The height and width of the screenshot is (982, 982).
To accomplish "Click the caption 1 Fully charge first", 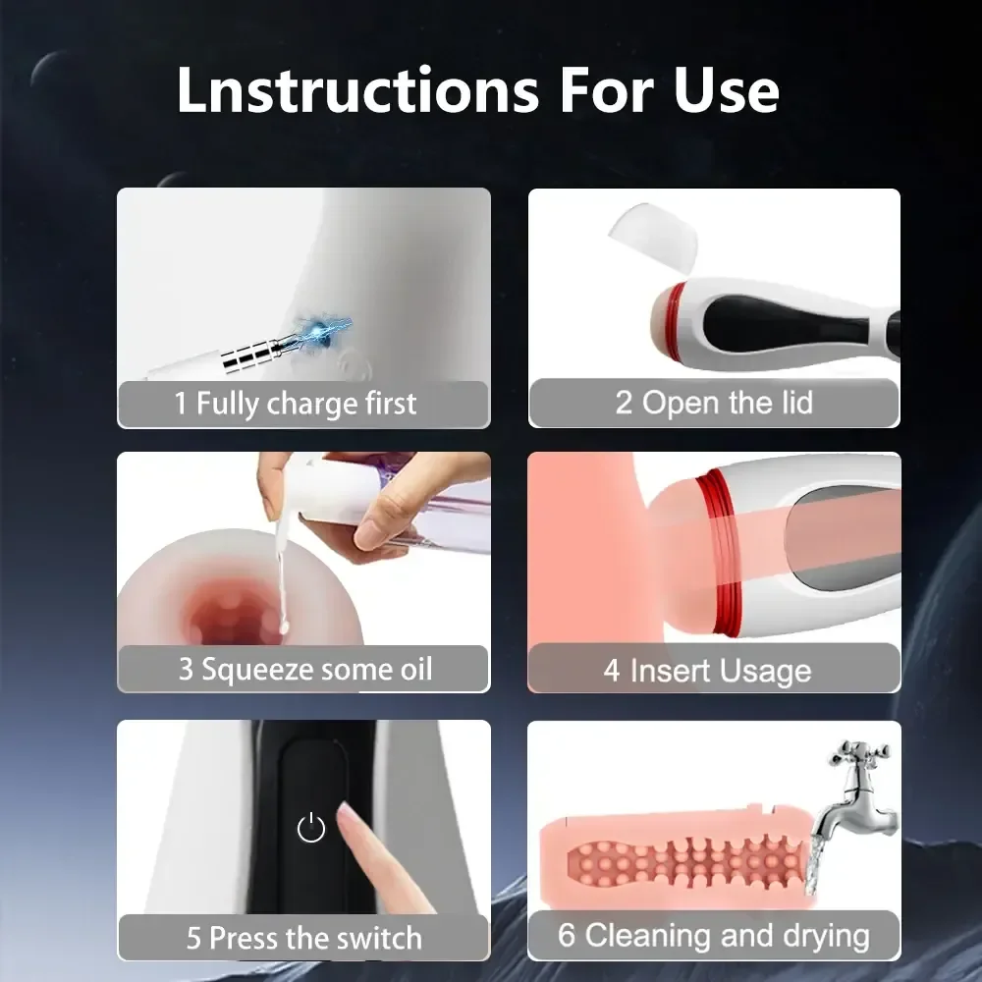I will click(x=296, y=404).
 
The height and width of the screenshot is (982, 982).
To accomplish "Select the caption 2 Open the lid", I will click(x=714, y=403).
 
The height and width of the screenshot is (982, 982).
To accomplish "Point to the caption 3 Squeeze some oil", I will click(x=304, y=670).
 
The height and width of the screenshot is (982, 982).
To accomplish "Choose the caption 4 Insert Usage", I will click(x=707, y=672).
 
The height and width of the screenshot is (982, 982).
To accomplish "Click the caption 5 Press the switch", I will click(x=304, y=937).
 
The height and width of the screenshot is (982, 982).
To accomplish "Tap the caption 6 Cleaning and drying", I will click(x=714, y=935).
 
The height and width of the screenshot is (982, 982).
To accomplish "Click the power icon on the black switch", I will click(x=310, y=829).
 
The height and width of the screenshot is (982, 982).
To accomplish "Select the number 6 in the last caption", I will click(x=567, y=935).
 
